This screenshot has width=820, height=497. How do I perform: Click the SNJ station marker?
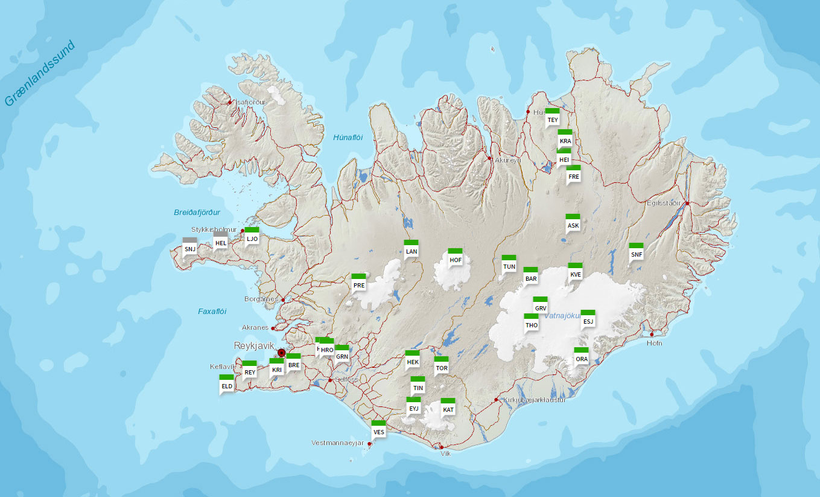click(x=190, y=248)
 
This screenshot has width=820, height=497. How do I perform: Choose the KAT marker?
click(x=448, y=408)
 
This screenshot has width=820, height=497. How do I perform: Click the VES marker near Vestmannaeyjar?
click(x=378, y=431)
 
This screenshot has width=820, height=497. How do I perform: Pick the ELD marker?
click(x=227, y=385)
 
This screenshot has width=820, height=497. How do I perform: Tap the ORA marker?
click(x=581, y=358)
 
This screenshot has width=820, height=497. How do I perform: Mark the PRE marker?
click(x=359, y=284)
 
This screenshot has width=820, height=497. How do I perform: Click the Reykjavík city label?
click(x=254, y=345)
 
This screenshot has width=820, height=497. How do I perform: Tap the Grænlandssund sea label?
click(x=40, y=73)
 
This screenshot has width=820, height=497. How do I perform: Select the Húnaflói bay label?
click(x=348, y=138)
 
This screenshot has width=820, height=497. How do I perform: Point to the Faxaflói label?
click(x=212, y=312)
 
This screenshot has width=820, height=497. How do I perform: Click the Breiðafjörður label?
click(x=197, y=213)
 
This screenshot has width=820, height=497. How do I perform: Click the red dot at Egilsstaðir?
click(x=687, y=204)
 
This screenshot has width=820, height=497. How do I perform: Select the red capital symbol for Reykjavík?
click(x=281, y=353)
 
